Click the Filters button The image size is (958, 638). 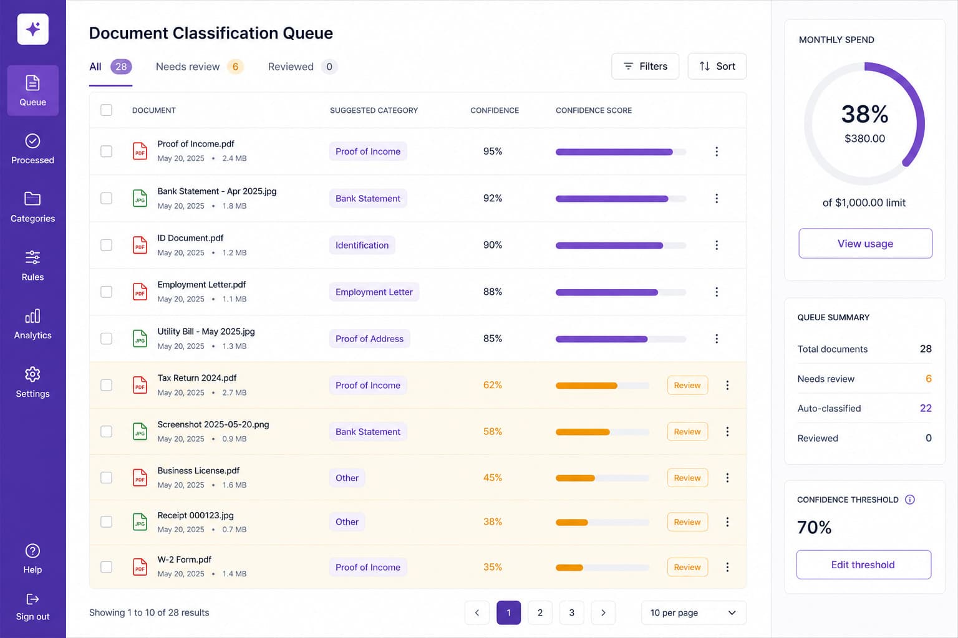point(645,66)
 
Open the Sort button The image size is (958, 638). point(717,66)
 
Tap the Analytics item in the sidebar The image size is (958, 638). point(32,325)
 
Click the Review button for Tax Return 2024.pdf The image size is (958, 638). point(687,385)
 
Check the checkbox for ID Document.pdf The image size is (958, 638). point(106,245)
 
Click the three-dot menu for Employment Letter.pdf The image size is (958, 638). point(717,292)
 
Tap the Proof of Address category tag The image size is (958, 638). point(369,338)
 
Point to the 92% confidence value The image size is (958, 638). point(492,198)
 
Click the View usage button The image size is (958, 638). point(865,243)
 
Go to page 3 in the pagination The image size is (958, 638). point(571,612)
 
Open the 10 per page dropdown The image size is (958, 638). point(694,612)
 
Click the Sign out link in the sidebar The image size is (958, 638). point(32,607)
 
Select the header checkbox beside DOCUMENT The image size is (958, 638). point(106,110)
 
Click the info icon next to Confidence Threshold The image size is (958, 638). point(910,500)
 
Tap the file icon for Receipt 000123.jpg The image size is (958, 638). point(140,521)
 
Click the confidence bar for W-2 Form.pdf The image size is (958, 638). point(602,568)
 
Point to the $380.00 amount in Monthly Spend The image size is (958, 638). point(864,138)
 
